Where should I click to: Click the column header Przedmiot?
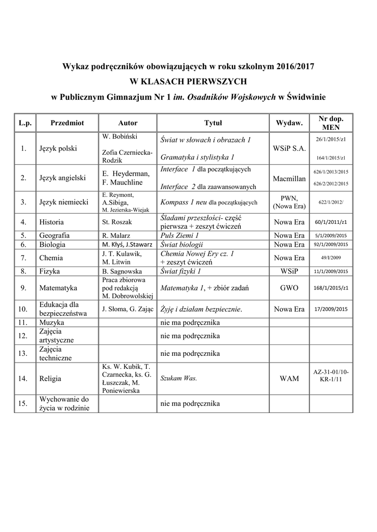click(x=67, y=123)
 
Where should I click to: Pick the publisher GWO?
click(x=289, y=287)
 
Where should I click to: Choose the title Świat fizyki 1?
click(x=180, y=271)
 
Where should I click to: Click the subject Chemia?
click(x=50, y=258)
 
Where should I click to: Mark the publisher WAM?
click(x=289, y=379)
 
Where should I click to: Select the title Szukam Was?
click(x=178, y=379)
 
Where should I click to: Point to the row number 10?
click(x=23, y=309)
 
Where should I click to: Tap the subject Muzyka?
click(x=51, y=323)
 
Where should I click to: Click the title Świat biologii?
click(x=181, y=244)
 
